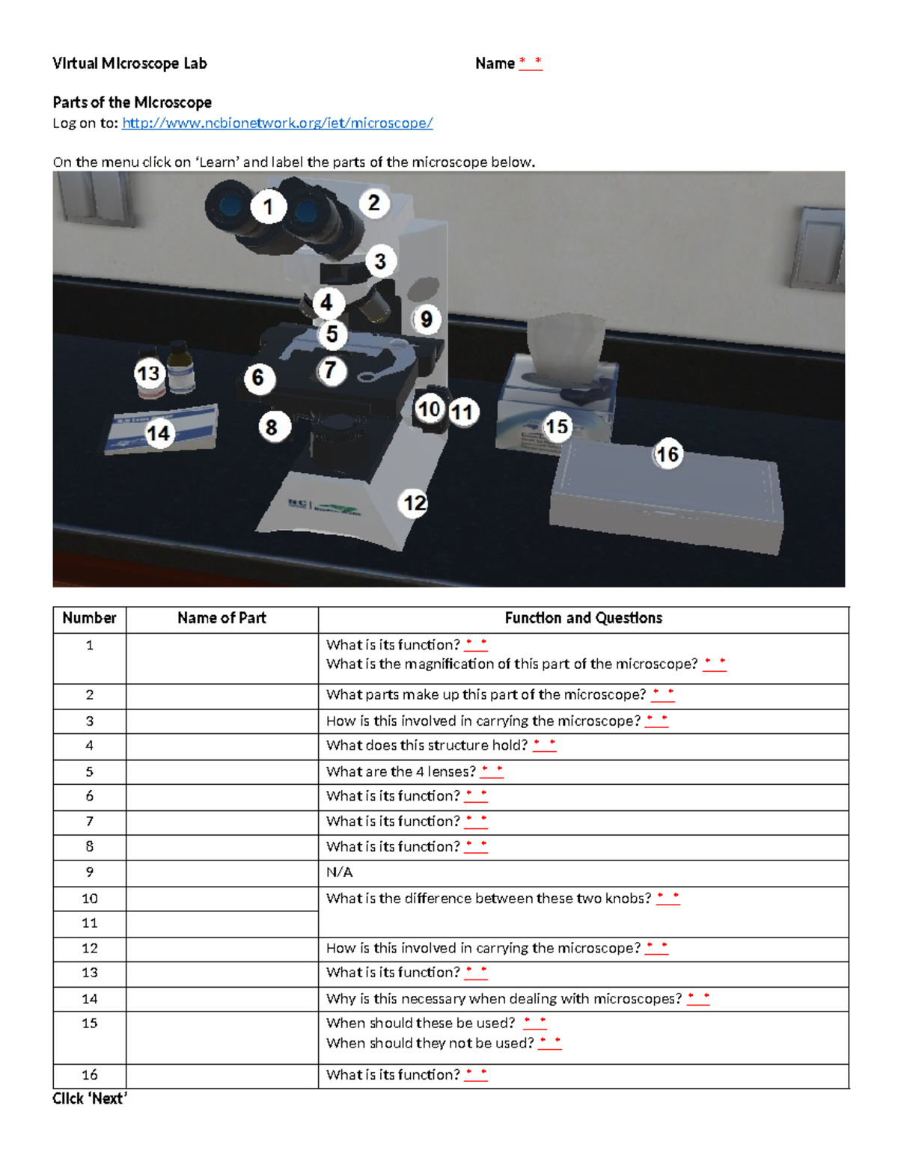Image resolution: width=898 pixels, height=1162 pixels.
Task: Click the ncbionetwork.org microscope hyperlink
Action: point(277,123)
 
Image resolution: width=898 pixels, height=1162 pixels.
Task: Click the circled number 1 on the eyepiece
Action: point(268,207)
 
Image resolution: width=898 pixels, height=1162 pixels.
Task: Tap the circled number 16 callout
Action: point(667,454)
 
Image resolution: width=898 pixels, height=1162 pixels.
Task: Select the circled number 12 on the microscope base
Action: point(415,503)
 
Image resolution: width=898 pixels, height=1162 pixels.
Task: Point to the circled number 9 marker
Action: point(426,319)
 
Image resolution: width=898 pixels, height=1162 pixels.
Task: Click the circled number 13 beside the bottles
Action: point(148,373)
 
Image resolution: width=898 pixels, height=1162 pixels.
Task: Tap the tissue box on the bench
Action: point(558,389)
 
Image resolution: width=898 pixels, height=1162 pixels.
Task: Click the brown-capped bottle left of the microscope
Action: point(180,366)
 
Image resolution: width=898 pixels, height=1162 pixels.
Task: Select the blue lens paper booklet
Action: point(161,432)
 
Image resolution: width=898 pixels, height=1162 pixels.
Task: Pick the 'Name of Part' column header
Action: point(222,618)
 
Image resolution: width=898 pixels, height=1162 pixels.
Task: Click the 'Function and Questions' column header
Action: point(583,618)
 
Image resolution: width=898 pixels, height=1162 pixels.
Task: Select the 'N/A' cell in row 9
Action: point(339,872)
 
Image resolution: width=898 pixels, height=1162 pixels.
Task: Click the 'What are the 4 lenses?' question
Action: point(400,771)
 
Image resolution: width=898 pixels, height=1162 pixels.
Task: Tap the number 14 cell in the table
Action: point(90,999)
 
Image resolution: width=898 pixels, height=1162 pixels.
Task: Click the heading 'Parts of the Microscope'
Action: point(132,103)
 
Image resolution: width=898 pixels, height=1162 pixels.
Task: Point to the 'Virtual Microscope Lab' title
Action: point(129,64)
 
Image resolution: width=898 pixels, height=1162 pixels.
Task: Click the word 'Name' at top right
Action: point(495,64)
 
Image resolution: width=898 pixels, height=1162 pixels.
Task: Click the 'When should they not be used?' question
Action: point(430,1043)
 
